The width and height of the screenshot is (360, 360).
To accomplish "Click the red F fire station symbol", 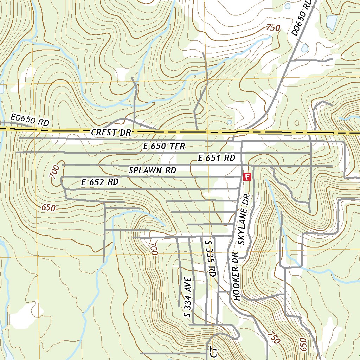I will coord(247,176).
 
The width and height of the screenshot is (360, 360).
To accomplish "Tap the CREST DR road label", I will coord(111,133).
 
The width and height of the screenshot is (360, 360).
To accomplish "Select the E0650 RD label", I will coord(30,120).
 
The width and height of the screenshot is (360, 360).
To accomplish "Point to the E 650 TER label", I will coord(164,146).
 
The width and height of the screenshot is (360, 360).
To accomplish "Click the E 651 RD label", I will coord(216,158).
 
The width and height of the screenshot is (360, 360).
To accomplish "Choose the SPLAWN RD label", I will coord(152,171).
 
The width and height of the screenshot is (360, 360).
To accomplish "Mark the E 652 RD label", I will coord(100,182).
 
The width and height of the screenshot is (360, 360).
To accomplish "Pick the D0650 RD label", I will coord(302,18).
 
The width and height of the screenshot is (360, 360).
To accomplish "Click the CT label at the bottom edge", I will coord(215,353).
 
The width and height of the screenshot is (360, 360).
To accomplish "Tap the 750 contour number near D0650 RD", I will coord(273,28).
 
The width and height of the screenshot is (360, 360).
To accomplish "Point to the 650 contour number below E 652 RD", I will coord(48,208).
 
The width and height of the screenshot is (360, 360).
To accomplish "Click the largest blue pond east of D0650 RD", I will coord(332,22).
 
